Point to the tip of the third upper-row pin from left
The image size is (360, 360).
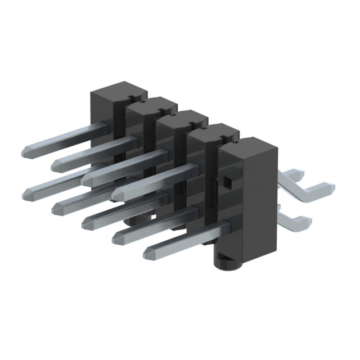pos(86,179)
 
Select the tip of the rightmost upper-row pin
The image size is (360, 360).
pos(117,193)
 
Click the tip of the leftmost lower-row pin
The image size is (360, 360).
pos(26,195)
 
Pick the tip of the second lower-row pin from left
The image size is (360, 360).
pos(56,209)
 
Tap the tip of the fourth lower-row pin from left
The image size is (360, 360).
pos(116,238)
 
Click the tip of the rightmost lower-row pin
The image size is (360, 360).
pos(148,253)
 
